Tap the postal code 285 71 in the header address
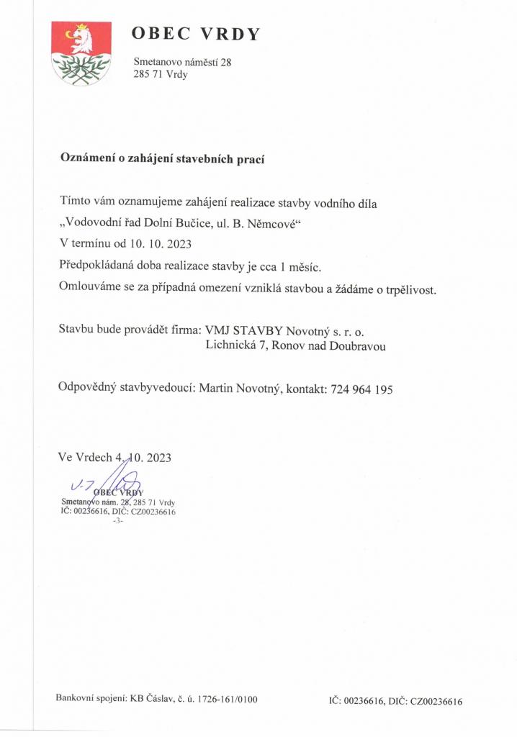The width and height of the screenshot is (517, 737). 148,75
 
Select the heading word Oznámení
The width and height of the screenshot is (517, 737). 86,159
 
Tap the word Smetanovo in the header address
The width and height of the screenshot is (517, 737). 160,63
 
